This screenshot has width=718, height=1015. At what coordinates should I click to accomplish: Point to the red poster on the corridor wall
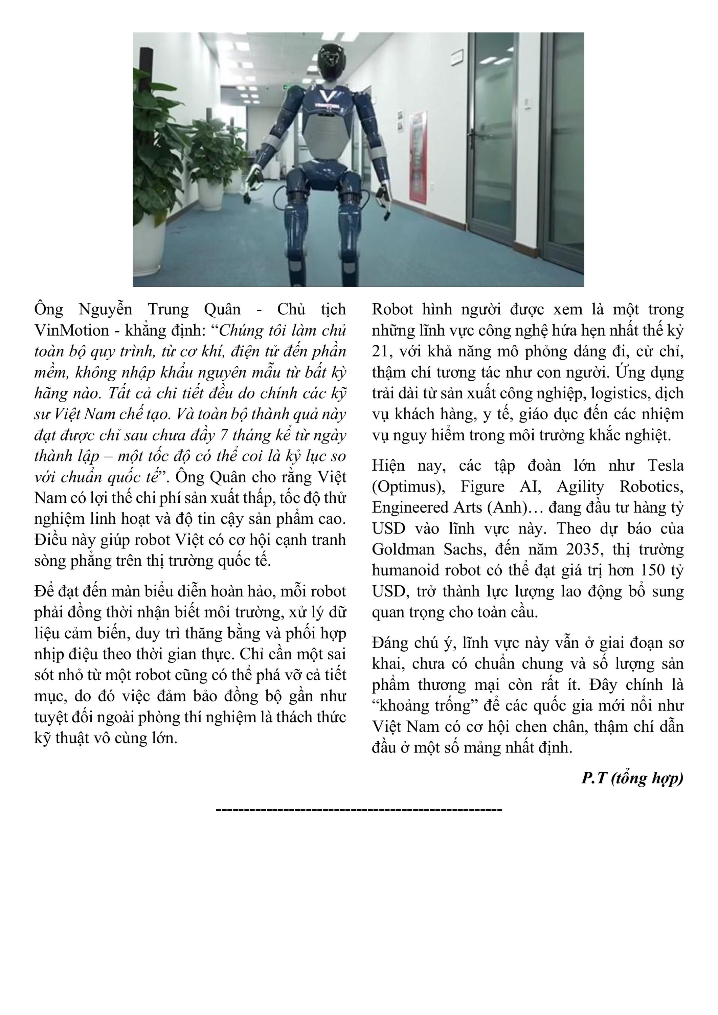pyautogui.click(x=417, y=155)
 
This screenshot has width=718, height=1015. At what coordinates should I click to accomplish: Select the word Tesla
pyautogui.click(x=666, y=466)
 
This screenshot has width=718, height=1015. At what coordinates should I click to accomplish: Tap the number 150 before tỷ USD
pyautogui.click(x=654, y=570)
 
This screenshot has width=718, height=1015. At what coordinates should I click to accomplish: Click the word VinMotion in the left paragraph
pyautogui.click(x=72, y=330)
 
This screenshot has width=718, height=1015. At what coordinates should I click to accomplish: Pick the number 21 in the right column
pyautogui.click(x=381, y=352)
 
